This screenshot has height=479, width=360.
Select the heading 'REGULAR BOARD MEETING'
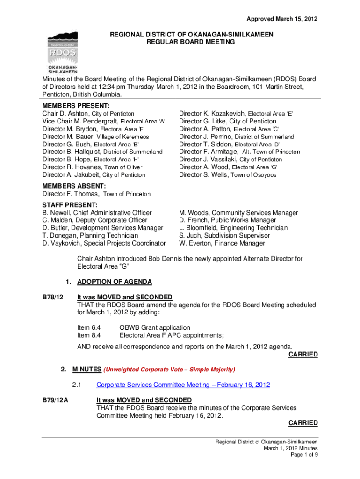click(191, 42)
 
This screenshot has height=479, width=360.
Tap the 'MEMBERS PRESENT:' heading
click(76, 106)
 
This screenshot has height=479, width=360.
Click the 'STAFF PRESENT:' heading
click(70, 205)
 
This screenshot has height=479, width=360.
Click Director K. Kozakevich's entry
click(236, 114)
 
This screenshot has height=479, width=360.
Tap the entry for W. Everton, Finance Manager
click(222, 243)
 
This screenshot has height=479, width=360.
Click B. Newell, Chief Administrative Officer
click(97, 213)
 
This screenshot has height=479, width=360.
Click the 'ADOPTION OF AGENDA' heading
click(114, 282)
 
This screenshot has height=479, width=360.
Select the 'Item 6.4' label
click(89, 327)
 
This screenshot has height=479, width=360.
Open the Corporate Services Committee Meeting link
click(183, 385)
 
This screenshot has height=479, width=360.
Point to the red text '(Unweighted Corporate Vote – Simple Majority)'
click(169, 370)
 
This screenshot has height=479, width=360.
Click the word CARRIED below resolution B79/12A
click(302, 423)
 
